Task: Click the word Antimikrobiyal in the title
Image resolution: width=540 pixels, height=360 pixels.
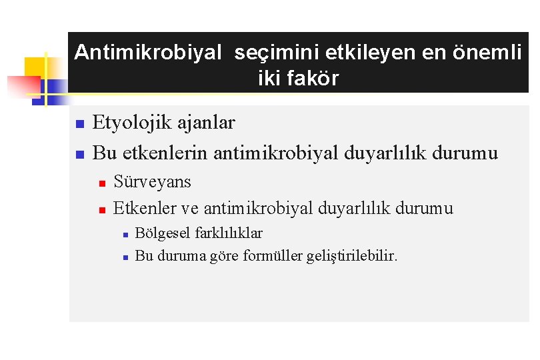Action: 147,53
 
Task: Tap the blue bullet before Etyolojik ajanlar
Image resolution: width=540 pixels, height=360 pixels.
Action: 79,125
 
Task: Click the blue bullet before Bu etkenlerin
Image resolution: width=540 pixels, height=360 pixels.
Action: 79,155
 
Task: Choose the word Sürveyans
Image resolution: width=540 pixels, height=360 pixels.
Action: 152,182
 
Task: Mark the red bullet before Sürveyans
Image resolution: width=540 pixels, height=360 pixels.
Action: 102,183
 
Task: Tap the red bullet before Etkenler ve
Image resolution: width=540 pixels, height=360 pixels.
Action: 102,210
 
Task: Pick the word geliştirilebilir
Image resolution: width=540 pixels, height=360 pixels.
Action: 351,256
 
